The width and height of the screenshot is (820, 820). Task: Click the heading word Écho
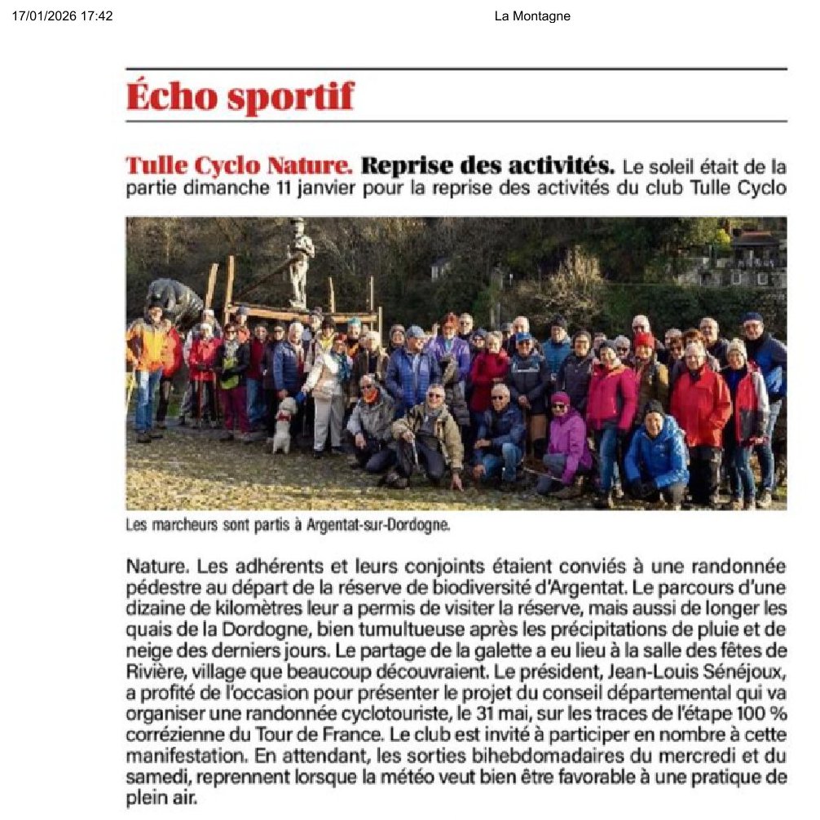coord(170,96)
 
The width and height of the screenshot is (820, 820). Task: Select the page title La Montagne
coord(532,16)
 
